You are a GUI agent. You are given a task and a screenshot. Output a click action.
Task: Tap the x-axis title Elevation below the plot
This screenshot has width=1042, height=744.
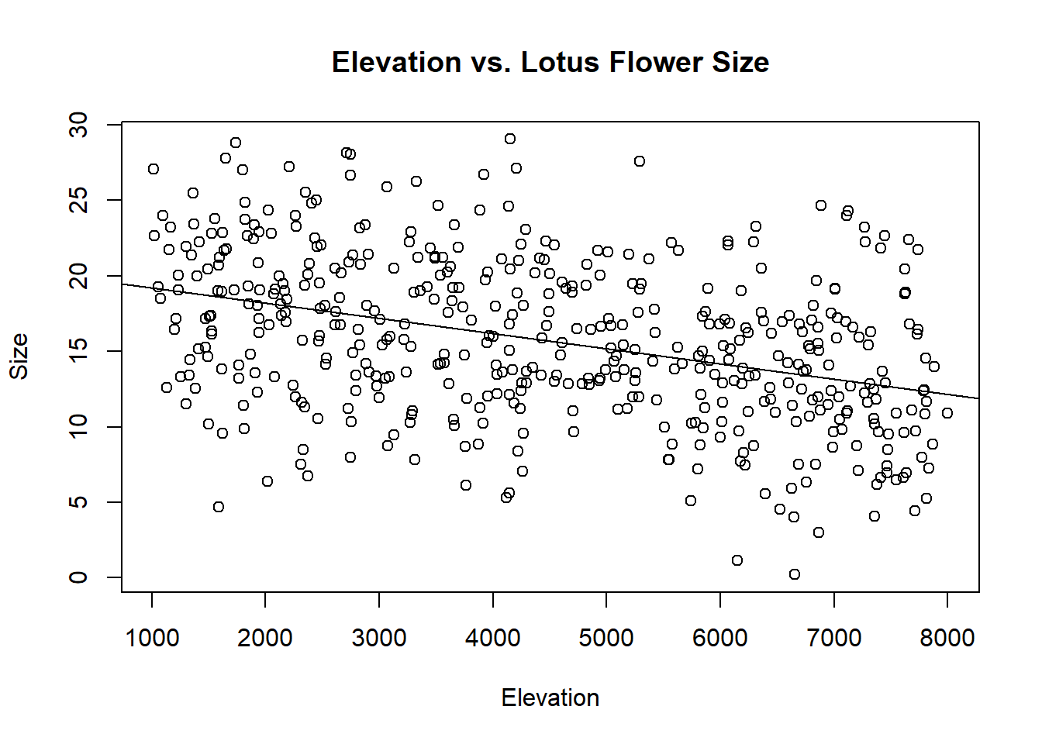point(550,697)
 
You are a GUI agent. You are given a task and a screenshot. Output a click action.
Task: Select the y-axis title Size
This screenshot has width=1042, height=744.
point(19,356)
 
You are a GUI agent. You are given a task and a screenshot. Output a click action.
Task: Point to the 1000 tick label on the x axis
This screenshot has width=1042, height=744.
point(152,638)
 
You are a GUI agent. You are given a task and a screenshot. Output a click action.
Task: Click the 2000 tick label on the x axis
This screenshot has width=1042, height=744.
point(265,638)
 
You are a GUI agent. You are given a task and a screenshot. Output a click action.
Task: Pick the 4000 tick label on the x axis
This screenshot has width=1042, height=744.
point(492,638)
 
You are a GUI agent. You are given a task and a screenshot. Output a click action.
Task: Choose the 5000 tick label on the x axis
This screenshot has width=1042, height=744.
point(606,638)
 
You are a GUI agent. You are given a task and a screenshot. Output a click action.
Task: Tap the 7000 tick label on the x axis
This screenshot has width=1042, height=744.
point(833,638)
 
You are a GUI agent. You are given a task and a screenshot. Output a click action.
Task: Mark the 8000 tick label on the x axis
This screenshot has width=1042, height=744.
point(947,638)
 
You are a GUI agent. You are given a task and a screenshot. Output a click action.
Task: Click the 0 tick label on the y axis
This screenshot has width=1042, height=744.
point(78,577)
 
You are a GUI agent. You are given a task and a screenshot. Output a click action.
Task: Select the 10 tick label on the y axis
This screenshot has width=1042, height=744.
point(78,426)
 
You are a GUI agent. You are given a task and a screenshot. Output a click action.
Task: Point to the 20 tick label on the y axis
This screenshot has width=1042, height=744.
point(78,275)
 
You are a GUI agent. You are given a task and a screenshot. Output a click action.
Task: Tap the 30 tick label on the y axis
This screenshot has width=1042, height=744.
point(78,125)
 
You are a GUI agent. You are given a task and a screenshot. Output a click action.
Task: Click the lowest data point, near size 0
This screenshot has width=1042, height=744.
point(794,574)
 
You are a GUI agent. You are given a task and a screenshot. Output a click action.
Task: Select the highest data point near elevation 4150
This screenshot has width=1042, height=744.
point(509,139)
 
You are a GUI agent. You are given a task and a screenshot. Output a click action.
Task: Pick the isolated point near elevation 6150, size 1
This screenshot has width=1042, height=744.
point(737,560)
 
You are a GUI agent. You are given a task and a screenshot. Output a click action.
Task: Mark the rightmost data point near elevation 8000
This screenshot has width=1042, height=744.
point(947,413)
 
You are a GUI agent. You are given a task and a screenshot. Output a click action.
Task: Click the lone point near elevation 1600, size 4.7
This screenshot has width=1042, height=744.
point(219,507)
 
